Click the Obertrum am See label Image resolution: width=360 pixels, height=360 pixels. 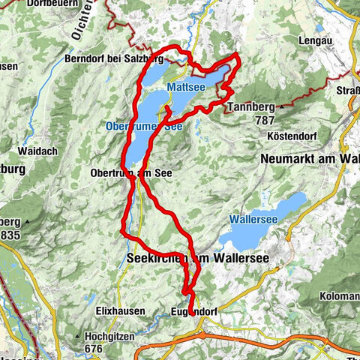(x=131, y=172)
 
